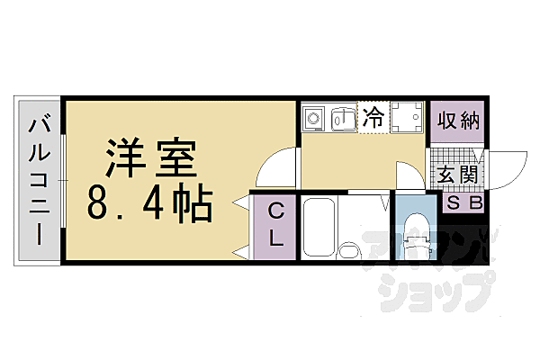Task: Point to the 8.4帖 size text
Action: pos(149,204)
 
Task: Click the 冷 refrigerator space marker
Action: pos(372,117)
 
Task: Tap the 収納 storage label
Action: pos(458,120)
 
